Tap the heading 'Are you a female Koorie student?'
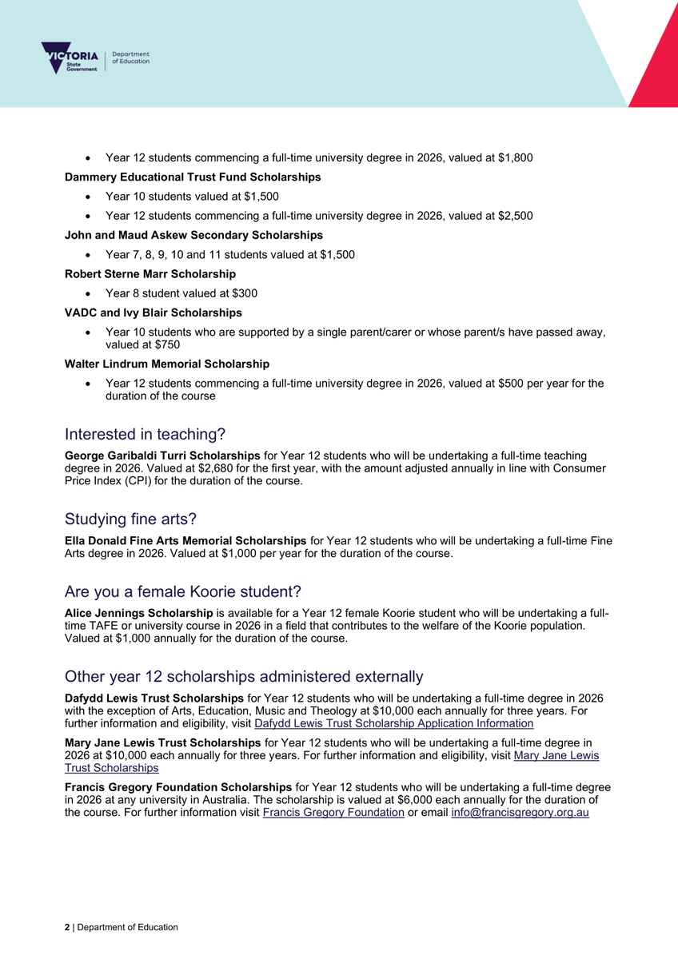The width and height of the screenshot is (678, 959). click(x=182, y=592)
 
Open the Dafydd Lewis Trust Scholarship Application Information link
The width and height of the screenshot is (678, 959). click(x=393, y=723)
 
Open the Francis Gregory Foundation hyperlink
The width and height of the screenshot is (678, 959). click(x=333, y=813)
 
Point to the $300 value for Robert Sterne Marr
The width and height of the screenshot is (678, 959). click(x=245, y=293)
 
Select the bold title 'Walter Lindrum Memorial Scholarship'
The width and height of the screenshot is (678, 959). click(x=166, y=364)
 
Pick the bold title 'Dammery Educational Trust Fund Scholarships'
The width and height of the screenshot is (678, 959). click(x=193, y=177)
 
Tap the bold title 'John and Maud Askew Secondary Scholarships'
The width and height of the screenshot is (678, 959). click(x=193, y=235)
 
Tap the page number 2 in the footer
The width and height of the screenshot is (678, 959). click(x=67, y=927)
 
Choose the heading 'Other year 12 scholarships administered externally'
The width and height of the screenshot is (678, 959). click(x=243, y=676)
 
